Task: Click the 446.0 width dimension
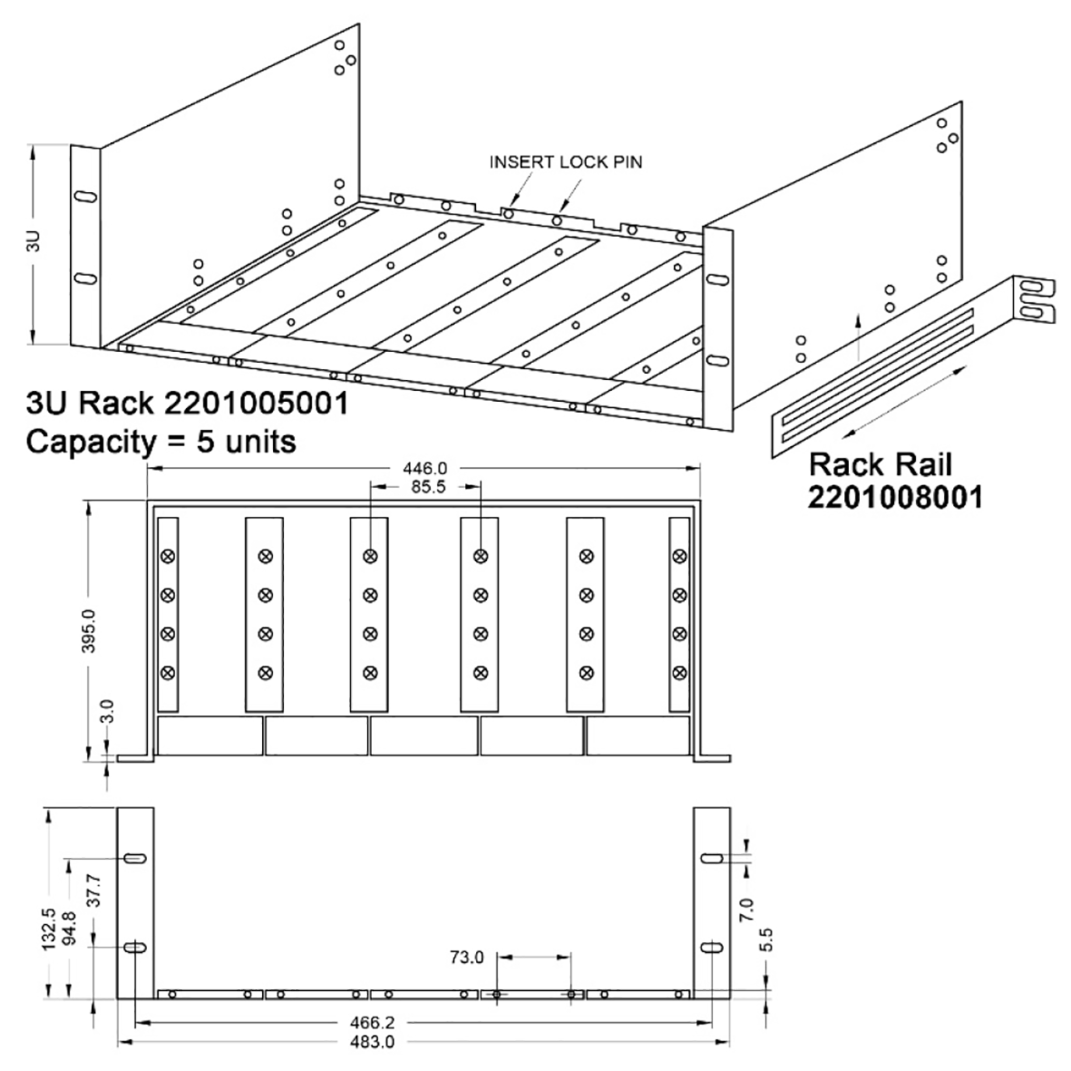425,469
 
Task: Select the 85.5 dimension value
428,487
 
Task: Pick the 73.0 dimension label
466,957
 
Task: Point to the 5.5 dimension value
766,940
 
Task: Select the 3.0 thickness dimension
108,711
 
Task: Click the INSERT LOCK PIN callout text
565,162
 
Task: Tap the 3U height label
34,242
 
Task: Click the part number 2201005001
256,403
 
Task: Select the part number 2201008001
895,497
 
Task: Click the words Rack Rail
880,465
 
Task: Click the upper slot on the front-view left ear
135,858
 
